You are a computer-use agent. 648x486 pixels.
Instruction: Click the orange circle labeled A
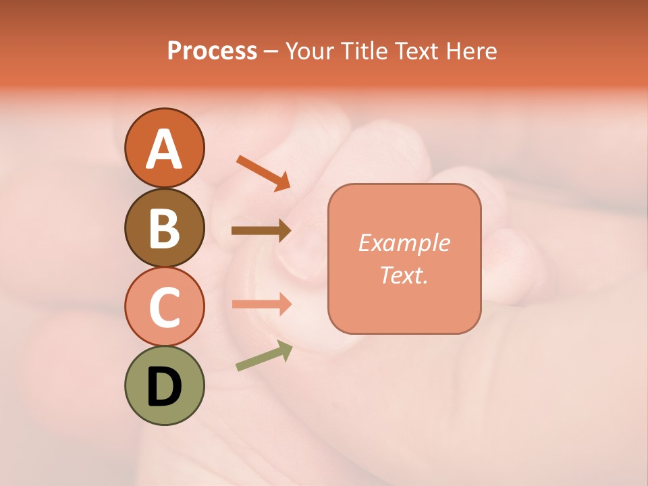pos(164,148)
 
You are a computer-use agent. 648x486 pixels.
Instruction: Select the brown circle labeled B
pos(164,227)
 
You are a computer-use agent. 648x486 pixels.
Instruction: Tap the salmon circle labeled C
pos(164,306)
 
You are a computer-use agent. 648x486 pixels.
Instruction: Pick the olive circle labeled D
pos(164,385)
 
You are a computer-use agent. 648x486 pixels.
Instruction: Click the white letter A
pos(164,149)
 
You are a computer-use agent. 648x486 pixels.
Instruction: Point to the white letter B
pos(164,228)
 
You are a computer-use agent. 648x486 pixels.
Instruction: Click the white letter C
pos(164,307)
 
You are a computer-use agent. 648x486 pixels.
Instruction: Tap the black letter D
pos(164,387)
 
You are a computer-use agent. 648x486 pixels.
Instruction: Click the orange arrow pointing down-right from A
pos(263,172)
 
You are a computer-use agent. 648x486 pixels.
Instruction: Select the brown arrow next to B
pos(261,231)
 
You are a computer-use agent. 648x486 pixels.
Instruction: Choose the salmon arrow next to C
pos(261,304)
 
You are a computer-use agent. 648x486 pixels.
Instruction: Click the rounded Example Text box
pos(404,259)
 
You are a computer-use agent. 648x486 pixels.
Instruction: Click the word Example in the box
pos(404,243)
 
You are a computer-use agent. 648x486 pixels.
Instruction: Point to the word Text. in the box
pos(404,275)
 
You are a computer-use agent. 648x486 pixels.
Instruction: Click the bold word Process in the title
pos(212,51)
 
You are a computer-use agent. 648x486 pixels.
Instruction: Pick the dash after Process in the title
pos(271,51)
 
